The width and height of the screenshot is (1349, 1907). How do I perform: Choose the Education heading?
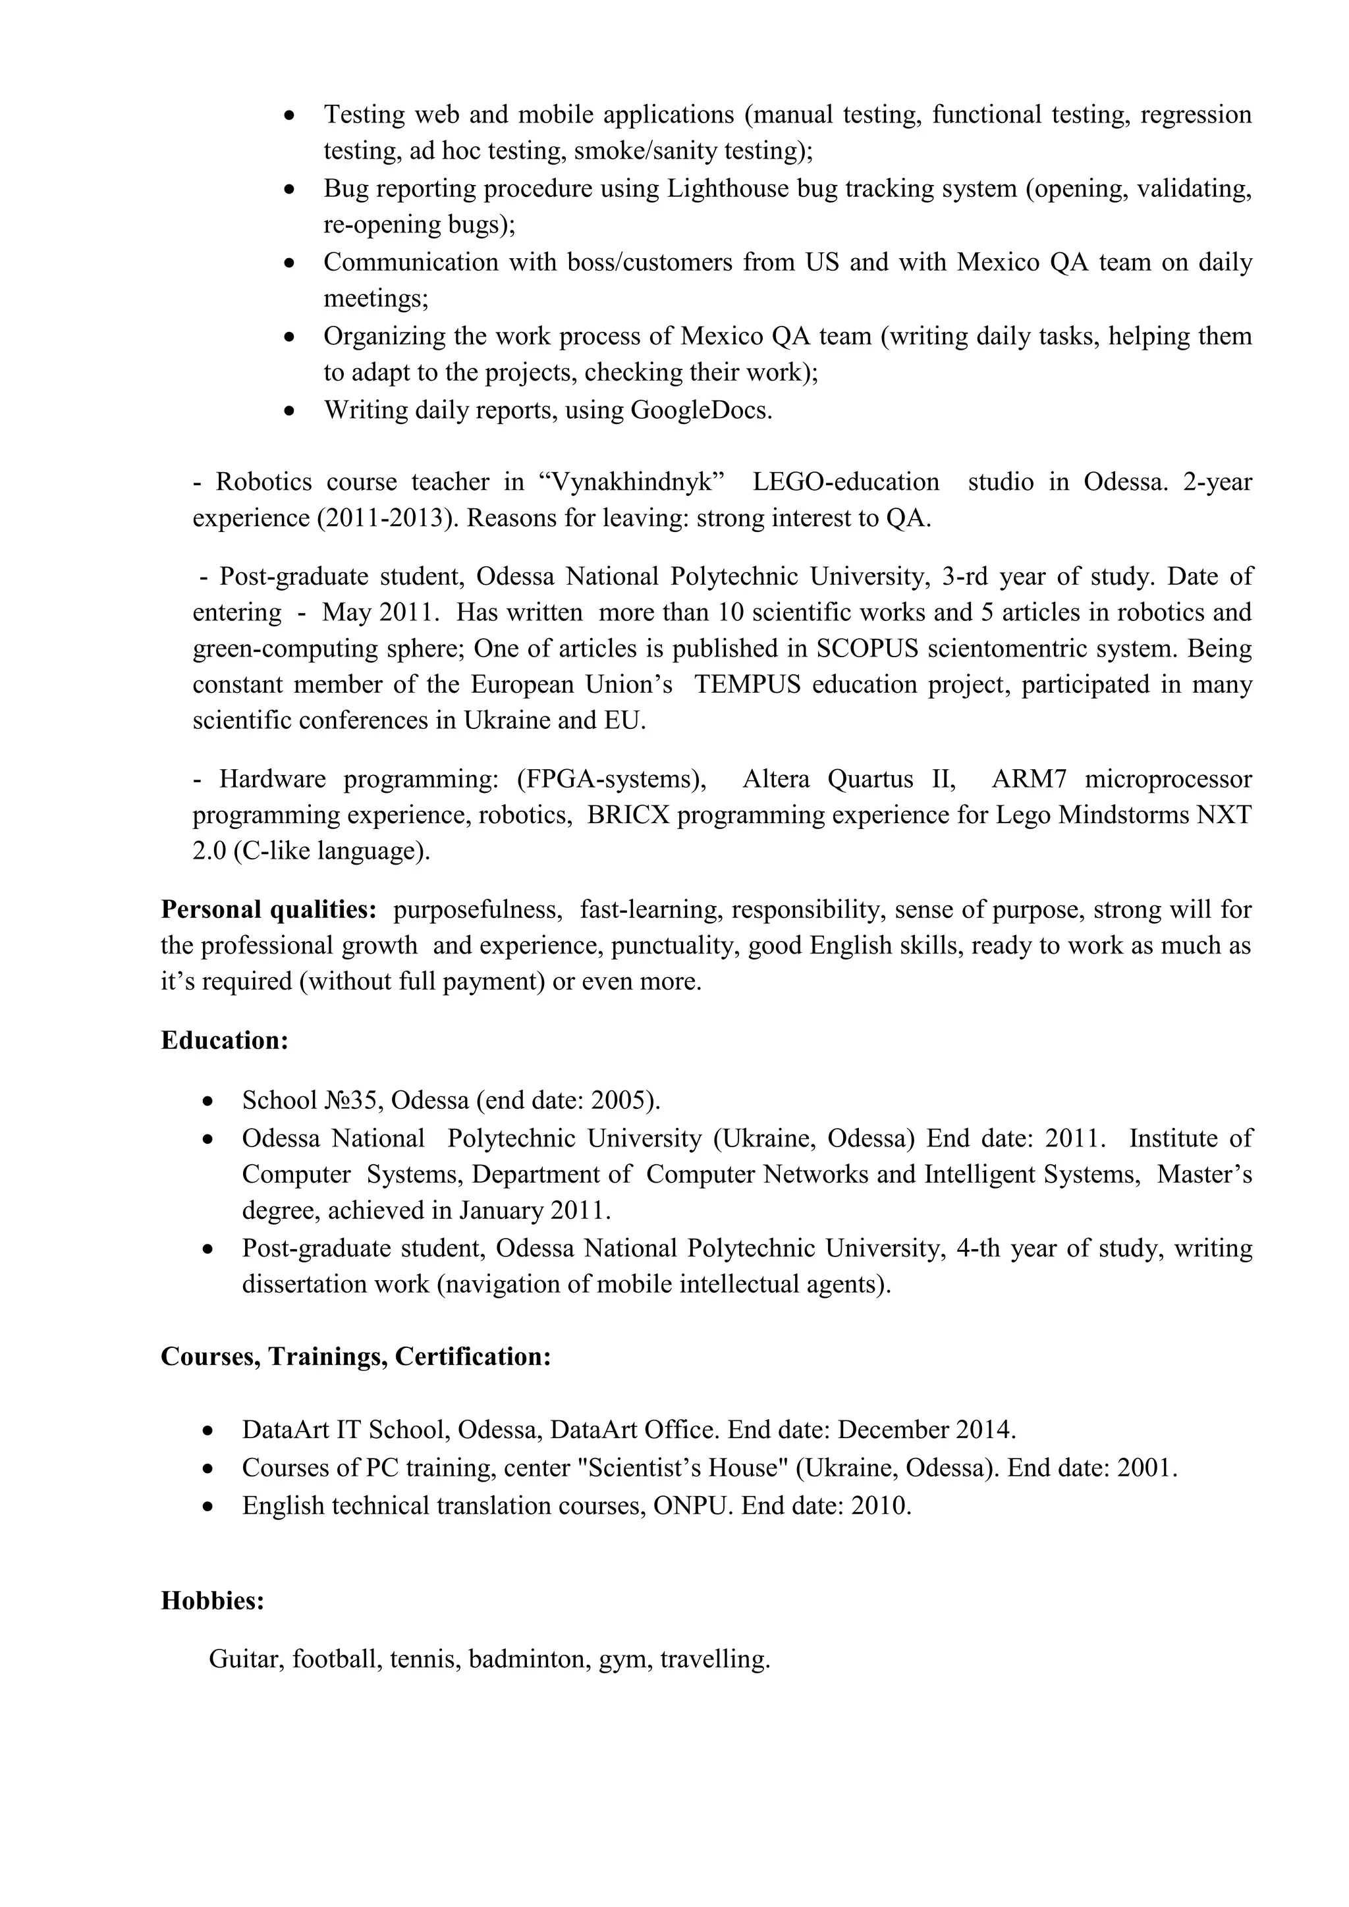tap(224, 1040)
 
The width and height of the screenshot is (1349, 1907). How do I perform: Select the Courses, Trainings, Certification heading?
tap(356, 1357)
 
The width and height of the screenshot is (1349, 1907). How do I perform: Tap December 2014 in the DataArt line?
tap(925, 1430)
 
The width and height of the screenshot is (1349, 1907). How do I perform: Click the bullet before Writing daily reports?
tap(289, 411)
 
